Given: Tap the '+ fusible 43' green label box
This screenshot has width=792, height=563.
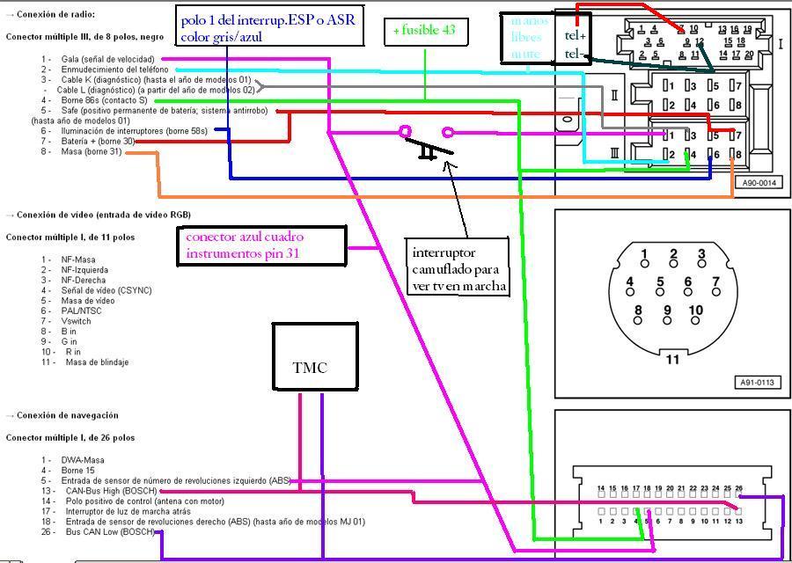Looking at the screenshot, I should pos(426,32).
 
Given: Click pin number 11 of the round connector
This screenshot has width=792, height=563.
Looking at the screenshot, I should pos(673,359).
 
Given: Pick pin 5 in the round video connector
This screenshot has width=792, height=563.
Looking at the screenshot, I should pos(660,282).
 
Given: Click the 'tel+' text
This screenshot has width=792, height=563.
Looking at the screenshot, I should pos(576,36).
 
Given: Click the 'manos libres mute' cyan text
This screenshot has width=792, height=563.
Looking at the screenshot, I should pos(530,38).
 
